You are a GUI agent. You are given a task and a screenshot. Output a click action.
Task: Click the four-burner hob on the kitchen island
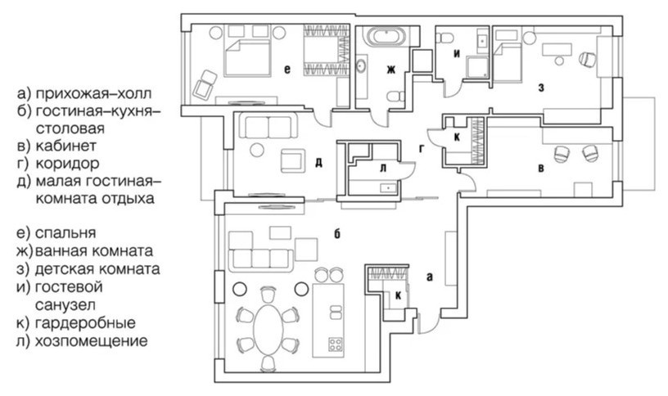tap(335, 343)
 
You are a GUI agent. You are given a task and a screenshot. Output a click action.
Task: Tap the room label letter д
tap(318, 161)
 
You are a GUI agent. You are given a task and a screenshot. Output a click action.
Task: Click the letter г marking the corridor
tap(421, 148)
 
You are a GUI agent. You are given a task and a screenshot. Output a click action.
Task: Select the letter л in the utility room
tap(381, 168)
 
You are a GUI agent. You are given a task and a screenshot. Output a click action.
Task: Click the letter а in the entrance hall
tap(428, 277)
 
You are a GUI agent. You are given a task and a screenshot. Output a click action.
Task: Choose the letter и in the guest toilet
tap(457, 54)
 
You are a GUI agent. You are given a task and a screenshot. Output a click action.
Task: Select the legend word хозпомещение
tap(91, 340)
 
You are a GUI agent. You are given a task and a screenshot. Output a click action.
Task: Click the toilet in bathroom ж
tap(395, 97)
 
